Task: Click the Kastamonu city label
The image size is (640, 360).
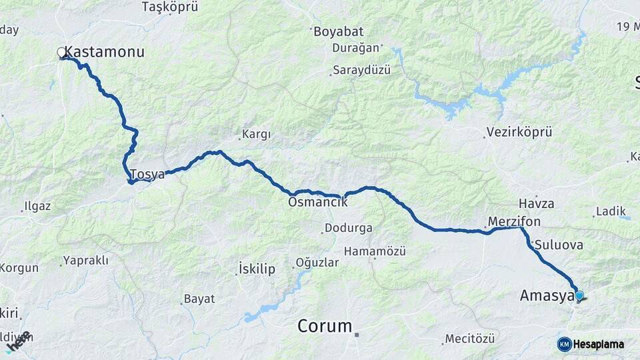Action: point(105,52)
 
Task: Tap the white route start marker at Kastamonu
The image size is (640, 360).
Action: point(61,52)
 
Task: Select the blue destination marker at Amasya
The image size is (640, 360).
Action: point(579,295)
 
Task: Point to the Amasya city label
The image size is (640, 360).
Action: point(547,295)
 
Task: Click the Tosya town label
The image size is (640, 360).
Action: point(147,175)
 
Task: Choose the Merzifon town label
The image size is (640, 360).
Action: point(514,221)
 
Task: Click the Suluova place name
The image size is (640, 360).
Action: point(559,245)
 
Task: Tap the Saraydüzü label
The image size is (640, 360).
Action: point(361,71)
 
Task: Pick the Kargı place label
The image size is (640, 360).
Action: point(257,135)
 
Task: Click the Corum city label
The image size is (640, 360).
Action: point(325,326)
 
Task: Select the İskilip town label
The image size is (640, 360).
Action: point(257,269)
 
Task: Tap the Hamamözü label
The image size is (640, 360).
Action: point(375,251)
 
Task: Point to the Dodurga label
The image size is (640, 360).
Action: point(348,228)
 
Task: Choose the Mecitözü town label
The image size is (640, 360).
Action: point(471,339)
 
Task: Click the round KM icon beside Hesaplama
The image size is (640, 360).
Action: point(564,344)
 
